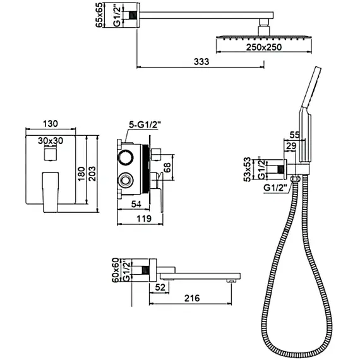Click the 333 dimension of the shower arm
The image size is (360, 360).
coord(202,61)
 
